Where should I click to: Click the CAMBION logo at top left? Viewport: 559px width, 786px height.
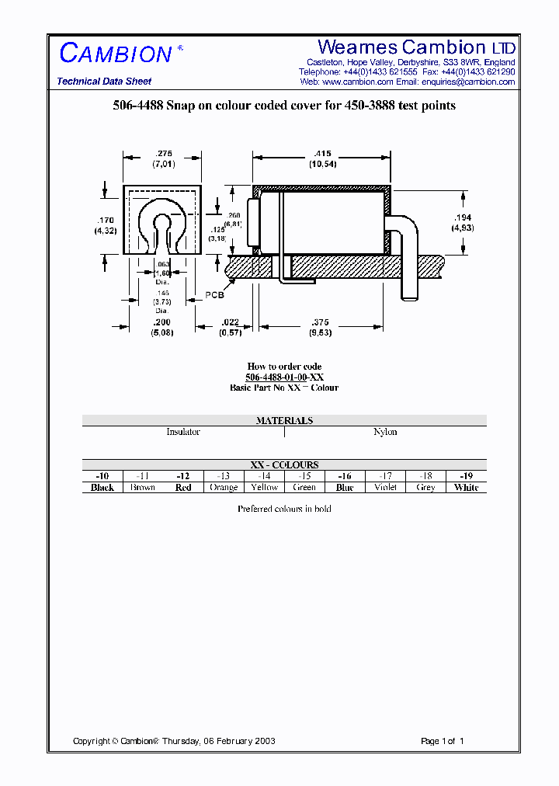coord(116,54)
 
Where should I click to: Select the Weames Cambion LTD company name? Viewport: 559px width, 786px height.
coord(416,47)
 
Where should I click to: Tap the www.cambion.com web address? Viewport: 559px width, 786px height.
coord(357,82)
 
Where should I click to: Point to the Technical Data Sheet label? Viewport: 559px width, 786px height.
coord(104,82)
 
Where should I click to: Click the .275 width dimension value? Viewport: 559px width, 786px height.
coord(164,154)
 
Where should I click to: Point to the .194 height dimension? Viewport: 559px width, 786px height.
coord(463,218)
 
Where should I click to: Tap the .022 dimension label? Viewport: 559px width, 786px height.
coord(230,322)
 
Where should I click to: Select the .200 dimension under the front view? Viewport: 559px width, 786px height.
coord(161,322)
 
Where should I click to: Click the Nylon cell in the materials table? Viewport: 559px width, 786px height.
coord(385,432)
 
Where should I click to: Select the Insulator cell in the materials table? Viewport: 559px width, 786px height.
coord(183,432)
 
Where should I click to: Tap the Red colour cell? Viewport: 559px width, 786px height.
coord(183,488)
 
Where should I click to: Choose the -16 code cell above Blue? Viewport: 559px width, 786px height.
coord(345,476)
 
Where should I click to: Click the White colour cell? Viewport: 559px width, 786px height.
coord(466,488)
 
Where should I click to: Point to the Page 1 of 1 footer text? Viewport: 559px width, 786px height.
coord(442,741)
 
